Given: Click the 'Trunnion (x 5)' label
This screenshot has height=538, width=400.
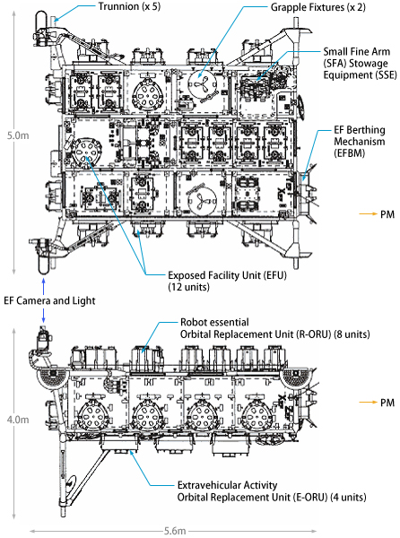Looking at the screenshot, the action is [129, 6].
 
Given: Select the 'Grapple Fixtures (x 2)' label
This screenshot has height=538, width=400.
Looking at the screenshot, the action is [318, 7].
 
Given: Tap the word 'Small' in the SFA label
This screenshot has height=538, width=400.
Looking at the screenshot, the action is [336, 51].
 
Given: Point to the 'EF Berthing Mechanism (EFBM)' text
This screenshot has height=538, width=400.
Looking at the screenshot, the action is [360, 142].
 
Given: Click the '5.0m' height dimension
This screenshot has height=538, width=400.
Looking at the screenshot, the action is [18, 135].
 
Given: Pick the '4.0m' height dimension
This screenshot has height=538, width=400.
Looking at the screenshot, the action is [18, 420].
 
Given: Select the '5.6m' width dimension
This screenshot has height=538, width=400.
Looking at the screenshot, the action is [175, 531].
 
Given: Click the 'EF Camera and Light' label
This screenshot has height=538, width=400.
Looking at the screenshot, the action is [49, 300].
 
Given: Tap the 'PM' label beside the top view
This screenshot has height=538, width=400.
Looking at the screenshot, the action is [387, 214].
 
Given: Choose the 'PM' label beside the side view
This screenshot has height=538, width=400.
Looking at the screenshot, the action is [387, 402].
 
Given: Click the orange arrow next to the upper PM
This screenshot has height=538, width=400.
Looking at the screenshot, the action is [368, 214].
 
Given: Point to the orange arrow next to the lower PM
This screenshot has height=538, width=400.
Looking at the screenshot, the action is [368, 402].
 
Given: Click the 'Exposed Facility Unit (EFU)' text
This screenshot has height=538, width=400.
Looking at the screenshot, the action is [227, 275].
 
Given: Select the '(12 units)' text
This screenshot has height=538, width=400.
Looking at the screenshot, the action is [188, 287].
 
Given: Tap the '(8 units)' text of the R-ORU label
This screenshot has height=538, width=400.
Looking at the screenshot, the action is [352, 334].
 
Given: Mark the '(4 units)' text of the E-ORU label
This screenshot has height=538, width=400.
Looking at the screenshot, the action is [348, 497].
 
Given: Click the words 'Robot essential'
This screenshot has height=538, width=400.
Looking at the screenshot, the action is [214, 322].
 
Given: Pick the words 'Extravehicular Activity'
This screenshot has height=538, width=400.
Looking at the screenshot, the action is [227, 485].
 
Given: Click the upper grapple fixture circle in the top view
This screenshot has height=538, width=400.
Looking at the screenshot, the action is [202, 85].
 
